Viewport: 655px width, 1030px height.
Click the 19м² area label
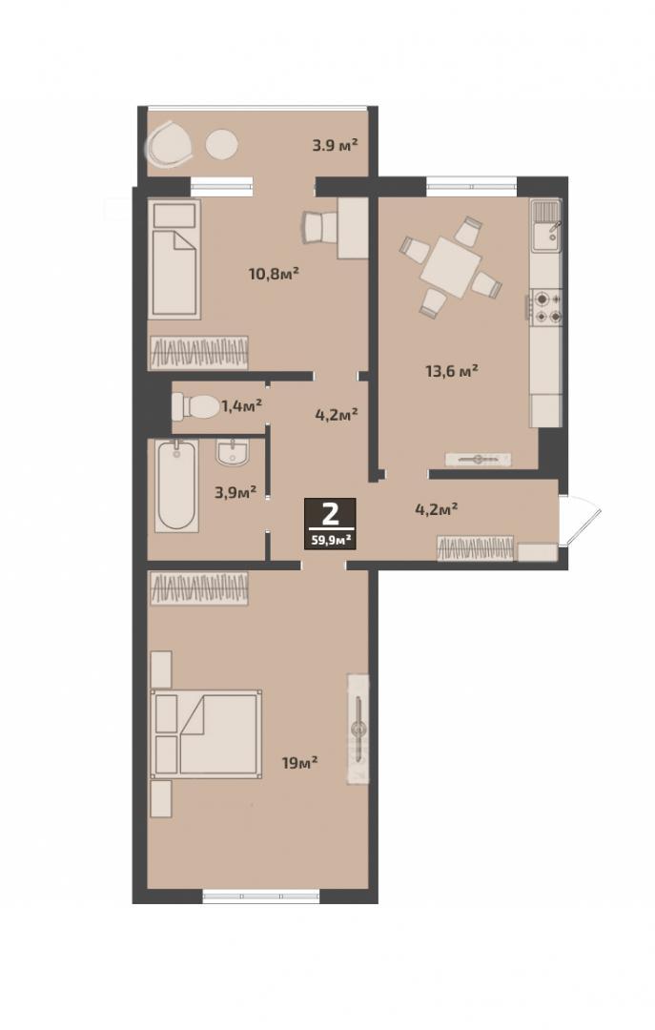(299, 763)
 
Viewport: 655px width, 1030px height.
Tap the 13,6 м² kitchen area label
(451, 371)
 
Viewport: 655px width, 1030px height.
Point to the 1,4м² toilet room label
(242, 406)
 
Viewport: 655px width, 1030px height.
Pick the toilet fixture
(195, 406)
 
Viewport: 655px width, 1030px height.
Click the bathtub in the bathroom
(176, 485)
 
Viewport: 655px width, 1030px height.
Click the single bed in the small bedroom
(174, 259)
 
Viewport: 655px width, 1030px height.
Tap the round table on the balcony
(221, 145)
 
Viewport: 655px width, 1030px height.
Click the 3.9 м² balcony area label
(335, 145)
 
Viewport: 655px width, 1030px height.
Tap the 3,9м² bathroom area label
(235, 492)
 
